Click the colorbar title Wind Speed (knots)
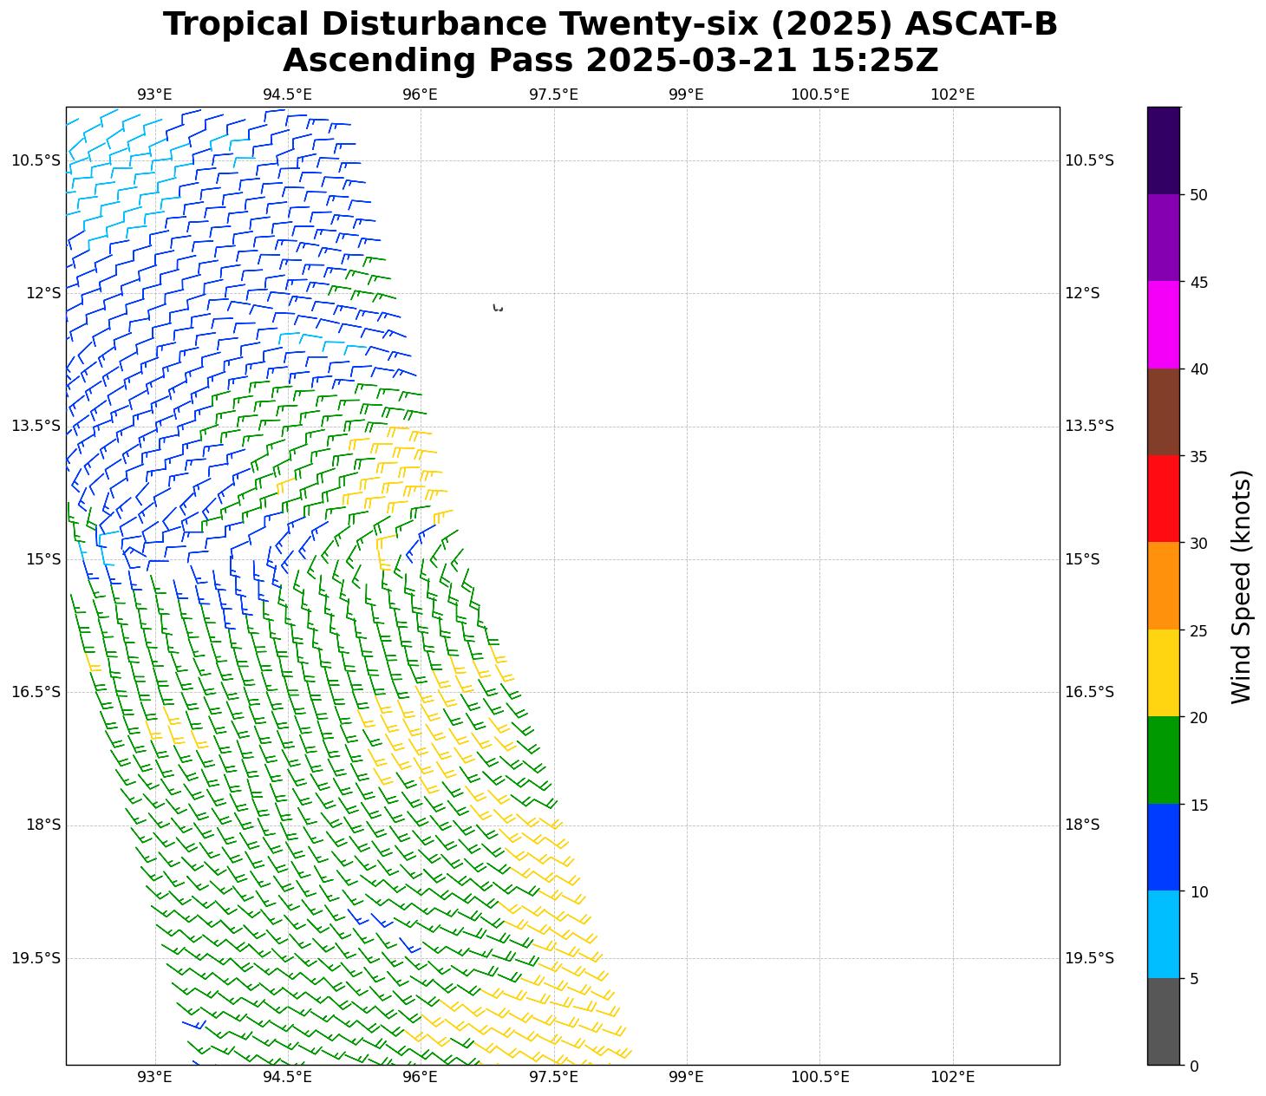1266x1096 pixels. [1242, 587]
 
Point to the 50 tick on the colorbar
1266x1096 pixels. [1199, 195]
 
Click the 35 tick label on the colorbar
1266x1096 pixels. [1199, 456]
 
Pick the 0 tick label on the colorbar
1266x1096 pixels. [1195, 1066]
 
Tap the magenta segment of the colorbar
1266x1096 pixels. [1163, 324]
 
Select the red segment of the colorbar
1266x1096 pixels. [1163, 499]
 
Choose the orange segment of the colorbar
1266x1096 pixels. [1163, 586]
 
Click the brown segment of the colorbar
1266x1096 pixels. [1163, 412]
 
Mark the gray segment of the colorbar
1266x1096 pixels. [1163, 1021]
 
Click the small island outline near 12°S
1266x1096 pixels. [498, 308]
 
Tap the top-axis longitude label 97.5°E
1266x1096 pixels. [553, 94]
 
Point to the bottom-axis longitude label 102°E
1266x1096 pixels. [952, 1077]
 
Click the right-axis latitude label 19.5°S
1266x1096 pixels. [1088, 958]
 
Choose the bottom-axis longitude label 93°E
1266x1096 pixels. [154, 1077]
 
